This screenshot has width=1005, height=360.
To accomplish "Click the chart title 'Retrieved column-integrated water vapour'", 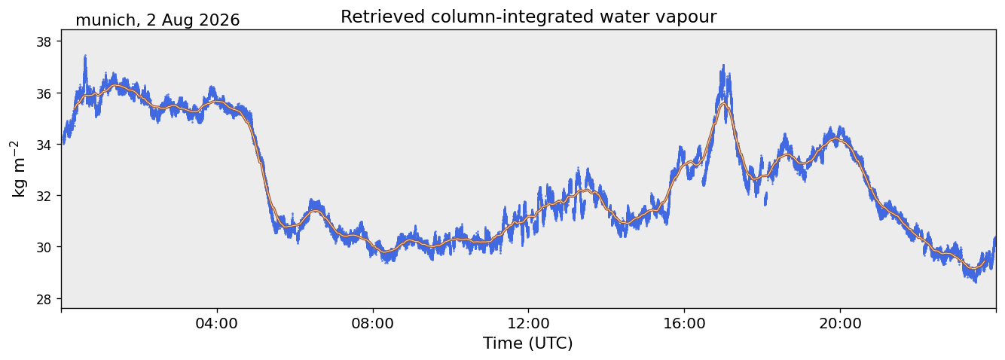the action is point(529,17).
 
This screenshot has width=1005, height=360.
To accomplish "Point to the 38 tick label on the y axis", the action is point(44,41).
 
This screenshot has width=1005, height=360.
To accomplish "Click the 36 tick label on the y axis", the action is point(44,93).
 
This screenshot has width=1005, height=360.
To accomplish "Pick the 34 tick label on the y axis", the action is point(44,145).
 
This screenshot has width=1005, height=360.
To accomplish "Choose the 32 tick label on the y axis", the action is point(44,196).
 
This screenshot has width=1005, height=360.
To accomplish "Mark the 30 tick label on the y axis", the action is point(44,247).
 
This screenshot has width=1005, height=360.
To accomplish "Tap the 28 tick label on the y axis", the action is point(44,299).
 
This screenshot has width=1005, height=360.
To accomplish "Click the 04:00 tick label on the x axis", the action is point(217,324).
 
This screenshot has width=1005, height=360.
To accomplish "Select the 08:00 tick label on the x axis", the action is point(373,324).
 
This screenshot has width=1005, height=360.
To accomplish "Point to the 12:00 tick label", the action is point(529,324).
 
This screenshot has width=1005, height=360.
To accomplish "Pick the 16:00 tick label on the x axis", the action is point(684,324).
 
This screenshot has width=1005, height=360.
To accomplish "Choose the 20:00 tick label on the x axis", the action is point(840,324).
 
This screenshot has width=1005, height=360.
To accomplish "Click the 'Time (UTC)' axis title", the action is point(528,344).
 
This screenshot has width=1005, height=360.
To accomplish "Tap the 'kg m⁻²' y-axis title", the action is point(18,169).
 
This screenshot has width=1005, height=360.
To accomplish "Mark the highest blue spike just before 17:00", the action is point(722,66).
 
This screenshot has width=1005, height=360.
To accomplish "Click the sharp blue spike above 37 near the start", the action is point(85,56).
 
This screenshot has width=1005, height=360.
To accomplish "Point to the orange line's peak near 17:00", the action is point(722,104).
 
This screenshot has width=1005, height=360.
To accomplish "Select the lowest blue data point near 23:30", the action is point(975,282).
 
